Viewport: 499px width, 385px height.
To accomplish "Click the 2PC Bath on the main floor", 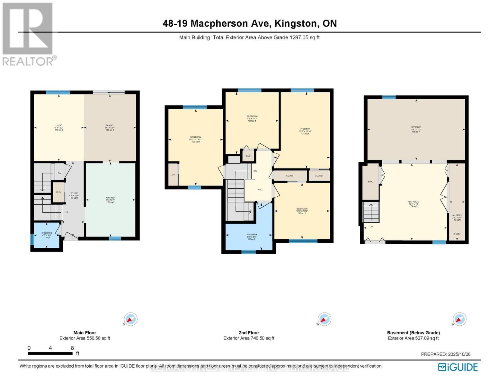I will (47, 235).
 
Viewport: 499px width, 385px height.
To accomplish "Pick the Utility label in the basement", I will (457, 234).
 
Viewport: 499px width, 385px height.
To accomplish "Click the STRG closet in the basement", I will (370, 182).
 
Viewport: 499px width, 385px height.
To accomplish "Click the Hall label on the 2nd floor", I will (260, 189).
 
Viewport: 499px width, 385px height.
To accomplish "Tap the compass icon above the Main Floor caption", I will (131, 319).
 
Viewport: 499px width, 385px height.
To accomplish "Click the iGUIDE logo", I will (458, 367).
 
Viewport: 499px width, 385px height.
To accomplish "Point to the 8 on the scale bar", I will (72, 348).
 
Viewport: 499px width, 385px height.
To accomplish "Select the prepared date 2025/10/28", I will (459, 354).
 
